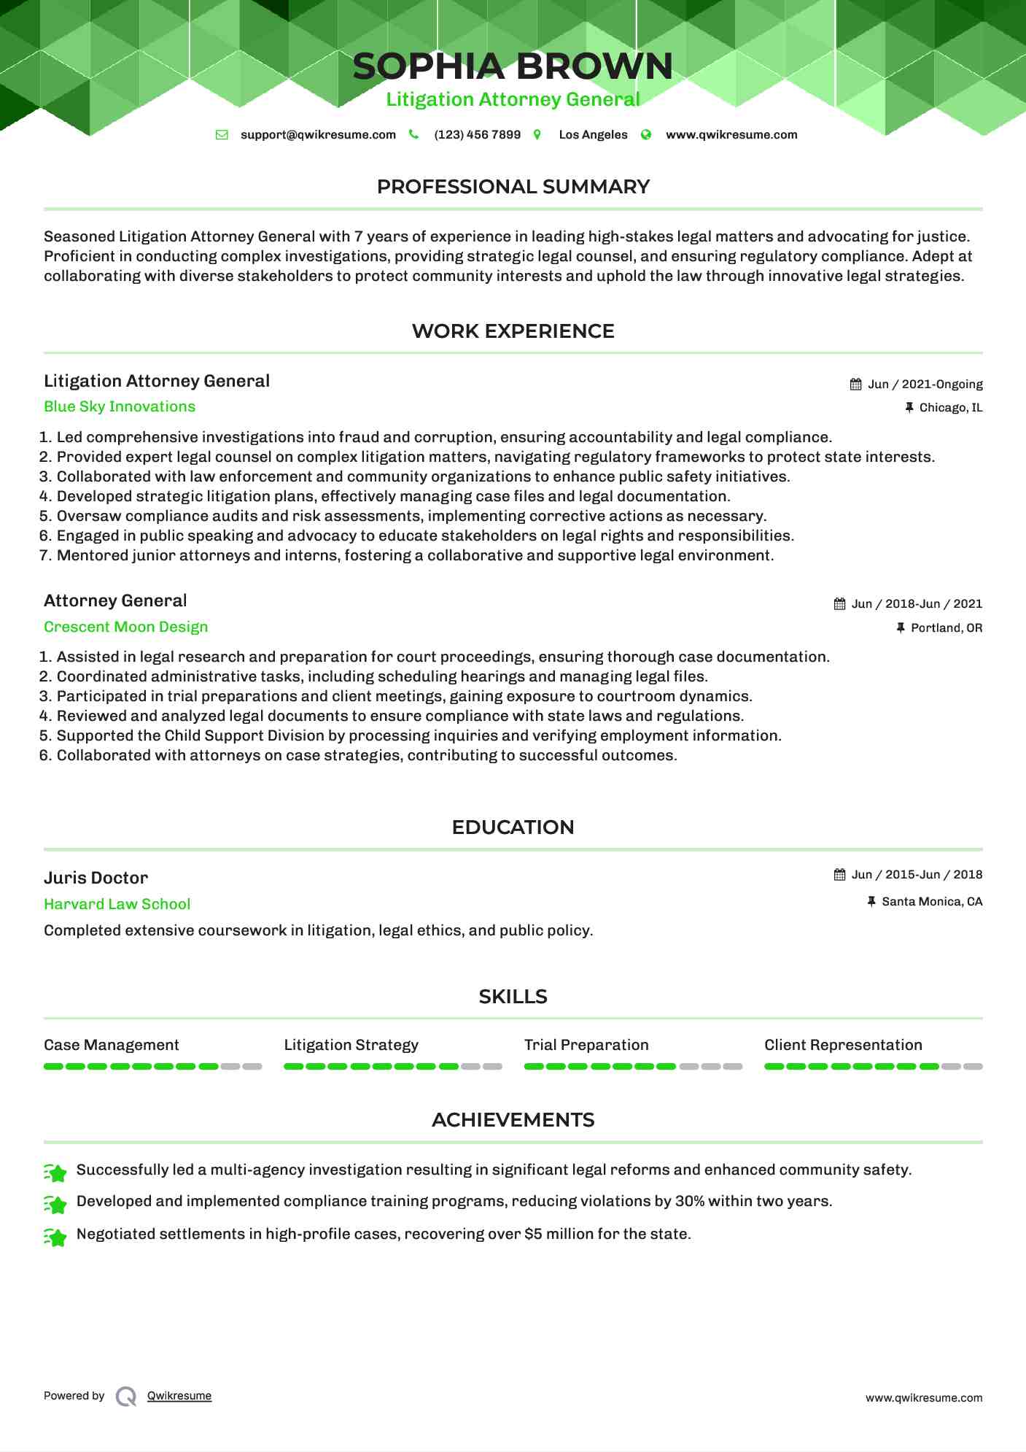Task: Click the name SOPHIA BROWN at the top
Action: click(x=513, y=66)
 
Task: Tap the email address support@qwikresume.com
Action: click(x=318, y=135)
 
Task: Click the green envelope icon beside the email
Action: click(x=222, y=135)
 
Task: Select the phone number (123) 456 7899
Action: click(x=477, y=135)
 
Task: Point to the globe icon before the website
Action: click(x=646, y=135)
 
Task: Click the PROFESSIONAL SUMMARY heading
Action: click(x=513, y=187)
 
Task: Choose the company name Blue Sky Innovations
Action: click(x=120, y=407)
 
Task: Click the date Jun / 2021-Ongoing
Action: click(x=925, y=385)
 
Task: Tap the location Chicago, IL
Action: click(x=950, y=408)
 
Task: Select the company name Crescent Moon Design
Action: click(x=125, y=627)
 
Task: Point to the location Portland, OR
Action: click(x=946, y=628)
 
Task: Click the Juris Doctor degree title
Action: click(x=96, y=878)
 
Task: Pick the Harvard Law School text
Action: click(x=117, y=905)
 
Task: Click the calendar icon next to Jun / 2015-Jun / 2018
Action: click(x=840, y=875)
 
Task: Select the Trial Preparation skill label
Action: click(x=586, y=1046)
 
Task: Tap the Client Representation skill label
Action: click(x=843, y=1046)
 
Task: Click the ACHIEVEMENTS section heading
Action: click(x=513, y=1121)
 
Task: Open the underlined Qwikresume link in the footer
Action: click(x=179, y=1397)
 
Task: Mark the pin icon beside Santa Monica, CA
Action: click(x=871, y=903)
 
